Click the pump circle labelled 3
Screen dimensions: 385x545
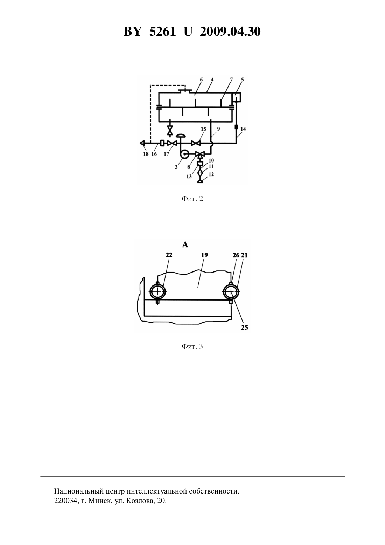click(x=184, y=154)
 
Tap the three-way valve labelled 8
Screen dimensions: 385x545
click(x=200, y=154)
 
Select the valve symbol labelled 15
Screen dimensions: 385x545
click(x=196, y=143)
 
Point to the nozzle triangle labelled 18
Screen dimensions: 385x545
click(x=142, y=143)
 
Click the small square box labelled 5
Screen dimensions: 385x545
click(x=237, y=97)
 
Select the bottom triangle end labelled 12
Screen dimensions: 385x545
click(x=200, y=181)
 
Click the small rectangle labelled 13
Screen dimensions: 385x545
click(x=200, y=164)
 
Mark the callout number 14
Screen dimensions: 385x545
click(x=243, y=129)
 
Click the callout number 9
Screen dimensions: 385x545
click(x=218, y=129)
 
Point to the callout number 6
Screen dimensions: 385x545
click(x=201, y=80)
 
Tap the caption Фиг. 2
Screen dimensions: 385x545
click(x=192, y=199)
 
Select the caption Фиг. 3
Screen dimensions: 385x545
click(x=192, y=346)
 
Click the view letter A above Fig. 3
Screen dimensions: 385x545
click(x=185, y=244)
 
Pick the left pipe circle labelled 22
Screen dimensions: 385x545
click(x=157, y=291)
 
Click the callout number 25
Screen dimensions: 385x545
click(x=245, y=327)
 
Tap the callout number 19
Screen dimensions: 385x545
click(x=205, y=255)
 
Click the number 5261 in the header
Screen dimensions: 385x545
click(x=163, y=32)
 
